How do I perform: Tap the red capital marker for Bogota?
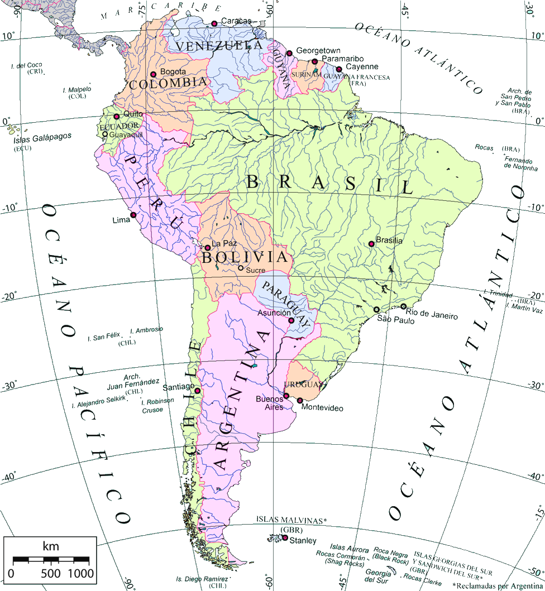[153, 74]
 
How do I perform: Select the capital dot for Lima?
[133, 215]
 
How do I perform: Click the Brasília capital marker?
[371, 244]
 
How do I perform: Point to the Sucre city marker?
[241, 268]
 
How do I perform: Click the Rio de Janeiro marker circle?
[403, 306]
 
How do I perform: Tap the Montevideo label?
[322, 409]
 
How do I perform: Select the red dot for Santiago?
[197, 391]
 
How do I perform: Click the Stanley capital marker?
[285, 538]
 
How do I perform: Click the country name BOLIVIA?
[246, 258]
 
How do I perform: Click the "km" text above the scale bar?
[50, 546]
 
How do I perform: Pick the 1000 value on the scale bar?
[81, 573]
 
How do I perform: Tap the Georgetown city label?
[318, 50]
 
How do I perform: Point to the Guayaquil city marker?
[104, 134]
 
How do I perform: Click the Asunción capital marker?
[291, 320]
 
